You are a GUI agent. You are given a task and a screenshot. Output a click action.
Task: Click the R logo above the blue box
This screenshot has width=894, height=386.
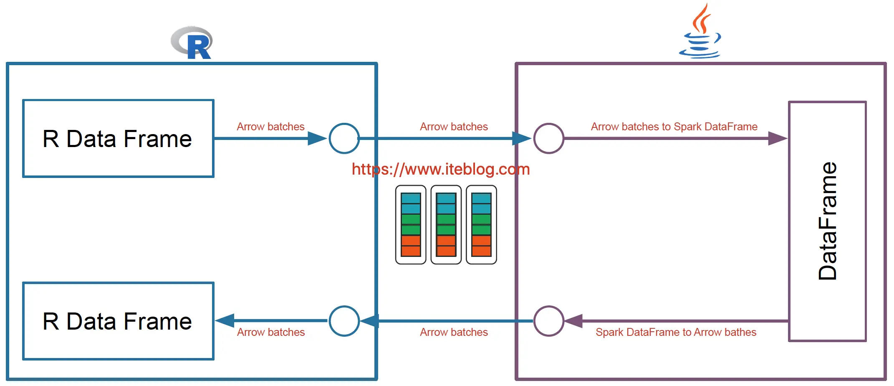click(192, 43)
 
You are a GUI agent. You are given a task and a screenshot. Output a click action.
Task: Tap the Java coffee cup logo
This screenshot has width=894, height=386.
click(700, 33)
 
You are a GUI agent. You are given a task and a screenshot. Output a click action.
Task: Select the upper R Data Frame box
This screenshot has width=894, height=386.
click(118, 139)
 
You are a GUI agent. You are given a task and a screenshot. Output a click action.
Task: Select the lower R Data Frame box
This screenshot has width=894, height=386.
click(118, 321)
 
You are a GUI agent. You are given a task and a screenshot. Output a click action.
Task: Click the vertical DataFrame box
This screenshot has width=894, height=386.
click(827, 221)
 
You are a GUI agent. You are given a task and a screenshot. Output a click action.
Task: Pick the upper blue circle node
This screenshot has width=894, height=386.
click(344, 138)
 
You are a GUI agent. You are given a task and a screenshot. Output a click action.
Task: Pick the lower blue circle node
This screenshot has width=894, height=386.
click(344, 321)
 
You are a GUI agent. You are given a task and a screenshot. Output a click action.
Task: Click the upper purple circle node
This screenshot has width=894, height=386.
click(548, 138)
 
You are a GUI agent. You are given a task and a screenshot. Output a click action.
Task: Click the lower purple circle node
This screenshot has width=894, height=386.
click(548, 321)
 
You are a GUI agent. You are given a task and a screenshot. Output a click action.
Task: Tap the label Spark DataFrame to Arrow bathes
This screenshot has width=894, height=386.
click(676, 332)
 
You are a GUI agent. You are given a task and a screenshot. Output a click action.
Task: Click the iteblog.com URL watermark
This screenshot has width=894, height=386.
click(440, 169)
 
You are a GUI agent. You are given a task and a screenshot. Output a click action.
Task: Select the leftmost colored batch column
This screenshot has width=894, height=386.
click(411, 225)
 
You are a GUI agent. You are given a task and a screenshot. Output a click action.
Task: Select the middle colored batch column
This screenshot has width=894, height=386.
click(446, 225)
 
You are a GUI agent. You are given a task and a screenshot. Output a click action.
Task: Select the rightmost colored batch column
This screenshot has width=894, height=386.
click(481, 225)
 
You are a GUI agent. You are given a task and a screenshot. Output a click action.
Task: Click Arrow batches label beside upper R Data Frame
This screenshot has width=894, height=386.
click(270, 127)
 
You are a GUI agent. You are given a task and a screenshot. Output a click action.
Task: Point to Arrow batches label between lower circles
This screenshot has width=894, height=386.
click(454, 332)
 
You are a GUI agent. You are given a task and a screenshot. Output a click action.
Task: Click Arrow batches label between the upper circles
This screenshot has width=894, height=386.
click(454, 127)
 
